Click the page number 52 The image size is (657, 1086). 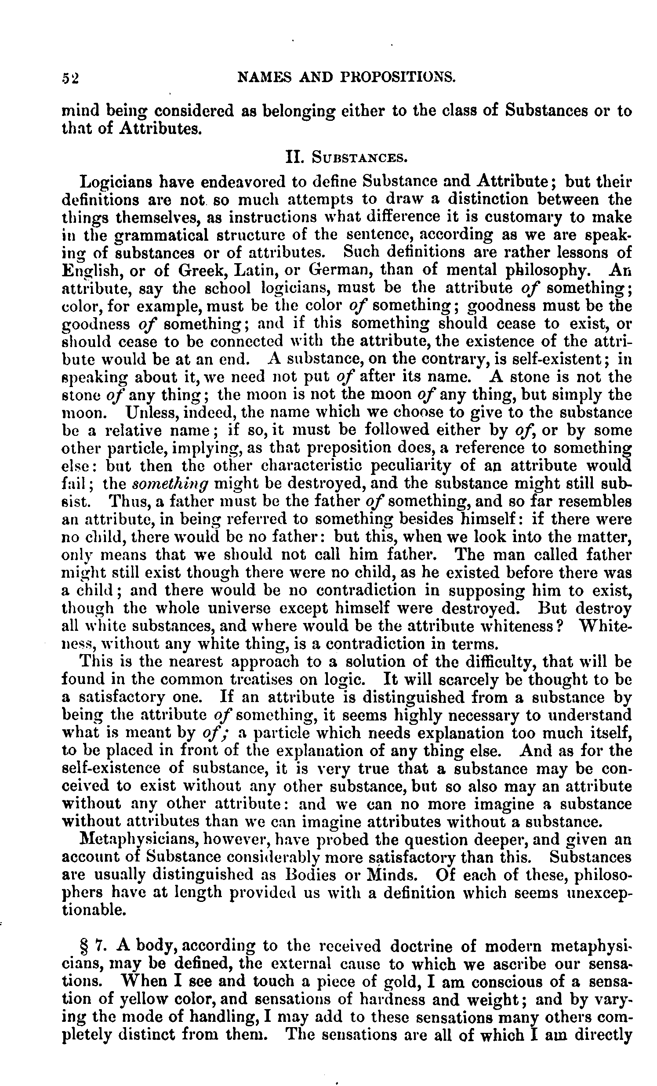coord(70,78)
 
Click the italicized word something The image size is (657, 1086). coord(170,484)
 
